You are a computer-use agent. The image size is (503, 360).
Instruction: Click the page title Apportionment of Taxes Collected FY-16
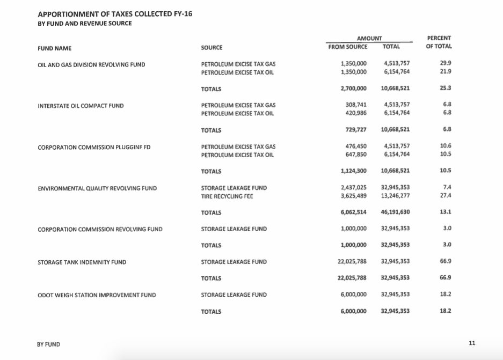[115, 13]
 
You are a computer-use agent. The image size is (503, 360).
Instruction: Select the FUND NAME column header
[54, 48]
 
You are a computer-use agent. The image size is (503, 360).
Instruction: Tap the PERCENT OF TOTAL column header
[439, 42]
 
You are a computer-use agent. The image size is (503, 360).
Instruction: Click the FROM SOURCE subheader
[348, 47]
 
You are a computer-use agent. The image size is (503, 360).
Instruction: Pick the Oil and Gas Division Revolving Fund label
[91, 64]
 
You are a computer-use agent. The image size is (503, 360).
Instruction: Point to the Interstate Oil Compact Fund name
[81, 106]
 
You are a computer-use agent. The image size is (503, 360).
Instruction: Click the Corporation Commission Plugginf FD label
[94, 147]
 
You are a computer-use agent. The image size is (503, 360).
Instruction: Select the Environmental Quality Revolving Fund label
[97, 188]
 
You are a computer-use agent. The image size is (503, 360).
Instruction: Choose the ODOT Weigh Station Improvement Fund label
[97, 295]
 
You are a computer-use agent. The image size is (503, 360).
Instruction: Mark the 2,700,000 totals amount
[354, 89]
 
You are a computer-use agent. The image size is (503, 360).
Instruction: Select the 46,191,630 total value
[395, 212]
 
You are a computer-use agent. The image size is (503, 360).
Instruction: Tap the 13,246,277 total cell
[395, 196]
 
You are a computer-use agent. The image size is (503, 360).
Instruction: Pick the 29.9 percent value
[445, 63]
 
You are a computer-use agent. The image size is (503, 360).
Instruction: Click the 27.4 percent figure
[445, 196]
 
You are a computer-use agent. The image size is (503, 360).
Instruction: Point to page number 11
[472, 343]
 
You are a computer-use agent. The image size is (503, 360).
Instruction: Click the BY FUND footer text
[48, 344]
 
